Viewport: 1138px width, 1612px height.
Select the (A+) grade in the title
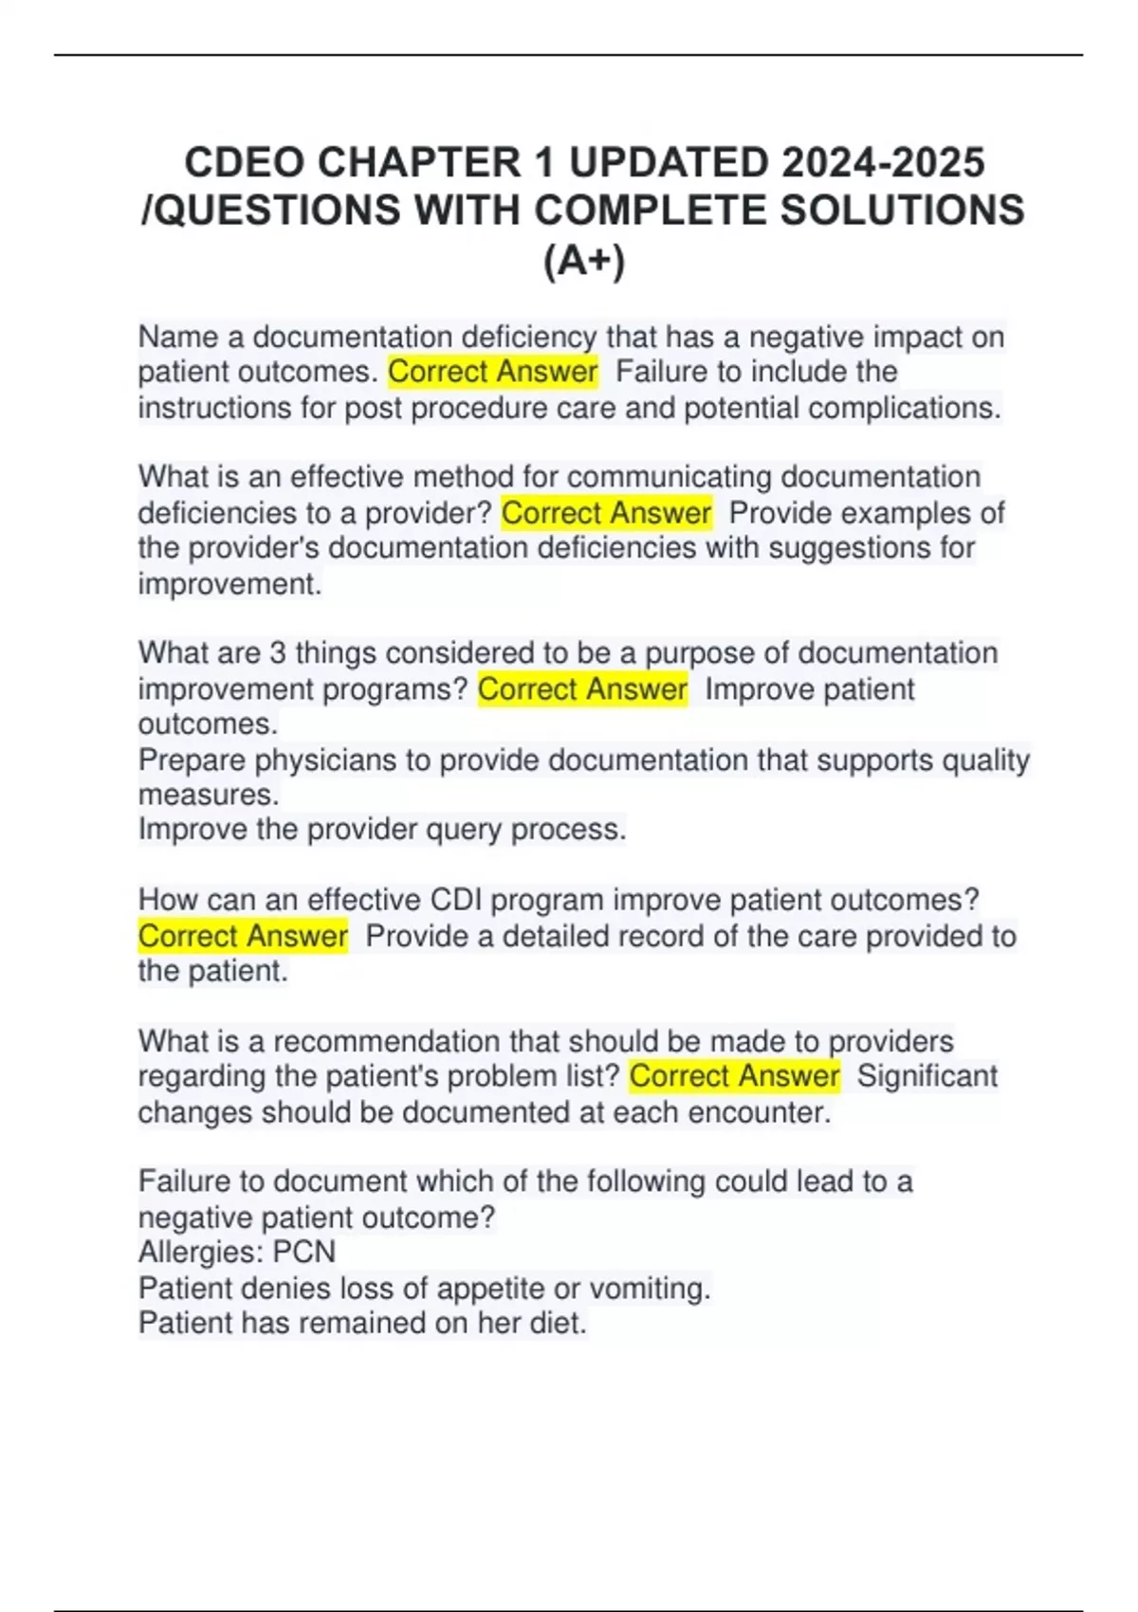[x=584, y=261]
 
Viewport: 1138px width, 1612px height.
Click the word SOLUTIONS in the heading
[x=902, y=211]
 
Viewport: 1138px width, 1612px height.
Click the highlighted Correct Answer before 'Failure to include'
[x=493, y=372]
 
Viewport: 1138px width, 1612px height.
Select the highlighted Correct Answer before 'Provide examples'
[x=606, y=513]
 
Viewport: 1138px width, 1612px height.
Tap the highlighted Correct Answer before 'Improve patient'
[x=582, y=689]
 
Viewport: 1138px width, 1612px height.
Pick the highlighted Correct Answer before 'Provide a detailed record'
[x=243, y=936]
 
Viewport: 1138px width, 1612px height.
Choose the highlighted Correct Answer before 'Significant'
[x=734, y=1076]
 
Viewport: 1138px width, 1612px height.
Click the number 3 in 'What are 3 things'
[x=277, y=653]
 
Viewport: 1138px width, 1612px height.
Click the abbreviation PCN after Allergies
[x=304, y=1252]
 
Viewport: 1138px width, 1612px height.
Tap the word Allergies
[x=201, y=1252]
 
